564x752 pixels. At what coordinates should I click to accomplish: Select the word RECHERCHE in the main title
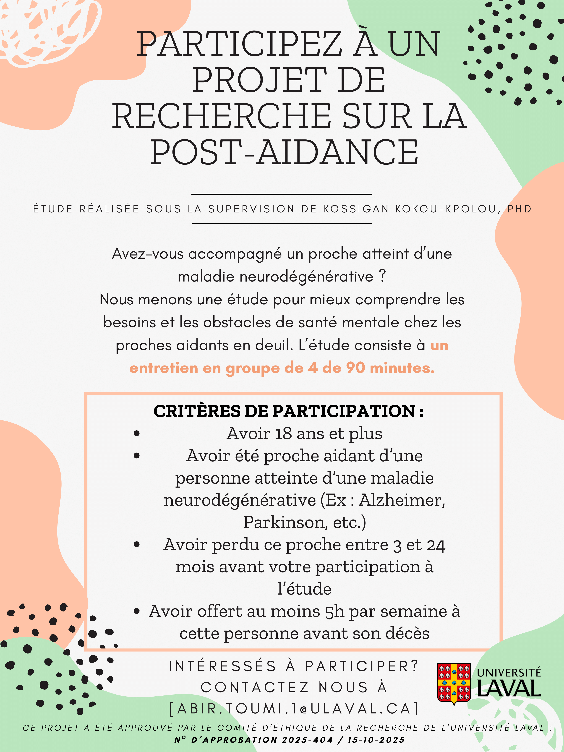(221, 116)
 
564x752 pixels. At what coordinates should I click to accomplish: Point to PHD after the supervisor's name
(520, 209)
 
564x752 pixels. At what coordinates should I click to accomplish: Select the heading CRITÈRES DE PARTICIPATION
(288, 411)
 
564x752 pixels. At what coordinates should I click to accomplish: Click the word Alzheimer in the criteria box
(402, 500)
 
